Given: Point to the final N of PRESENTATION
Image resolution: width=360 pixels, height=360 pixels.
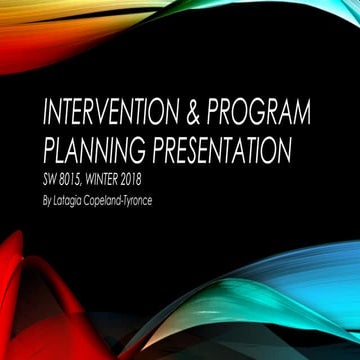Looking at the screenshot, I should pos(283,151).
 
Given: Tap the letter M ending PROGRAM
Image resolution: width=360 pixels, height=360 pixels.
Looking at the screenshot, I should pos(313,111).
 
